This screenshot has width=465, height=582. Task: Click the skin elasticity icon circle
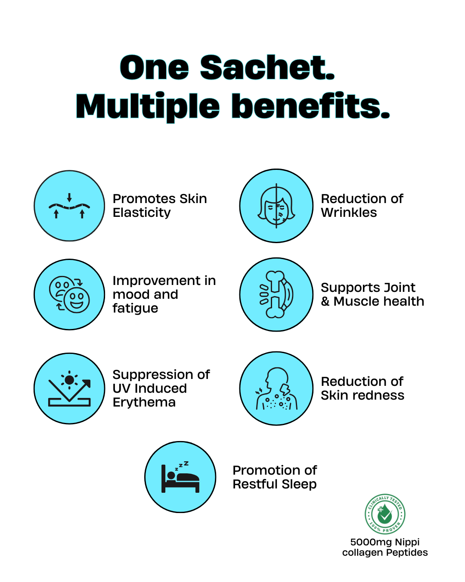[x=69, y=206]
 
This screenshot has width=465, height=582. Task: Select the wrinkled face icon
[x=276, y=206]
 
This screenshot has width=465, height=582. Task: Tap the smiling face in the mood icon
[x=77, y=300]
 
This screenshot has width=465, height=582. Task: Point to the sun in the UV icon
[x=69, y=380]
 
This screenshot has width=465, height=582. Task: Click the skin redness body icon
[x=276, y=388]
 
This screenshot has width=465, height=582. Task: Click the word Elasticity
[x=142, y=213]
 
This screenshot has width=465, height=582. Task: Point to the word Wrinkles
[x=349, y=213]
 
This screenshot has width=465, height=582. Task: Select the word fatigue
[x=135, y=308]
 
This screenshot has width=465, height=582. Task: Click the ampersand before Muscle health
[x=325, y=301]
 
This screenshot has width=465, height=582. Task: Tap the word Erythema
[x=144, y=402]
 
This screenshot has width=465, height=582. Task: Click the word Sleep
[x=299, y=485]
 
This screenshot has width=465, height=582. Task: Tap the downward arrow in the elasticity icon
[x=69, y=198]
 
